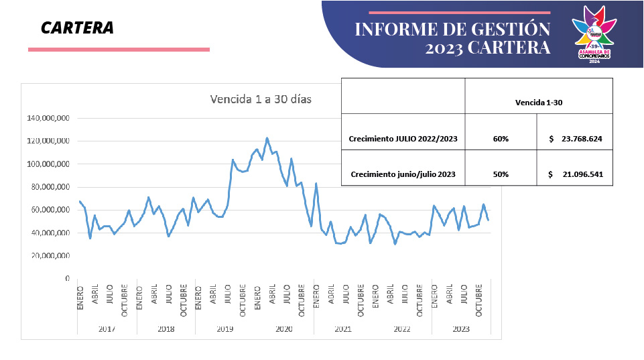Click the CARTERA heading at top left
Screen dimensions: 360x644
tap(77, 27)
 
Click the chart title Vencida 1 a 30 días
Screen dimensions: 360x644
tap(261, 99)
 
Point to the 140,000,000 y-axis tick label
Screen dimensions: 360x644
tap(48, 119)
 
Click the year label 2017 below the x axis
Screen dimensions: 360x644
tap(107, 328)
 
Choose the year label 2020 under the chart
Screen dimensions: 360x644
tap(284, 328)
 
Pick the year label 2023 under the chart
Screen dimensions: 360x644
tap(461, 328)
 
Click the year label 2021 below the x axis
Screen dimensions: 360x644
tap(343, 328)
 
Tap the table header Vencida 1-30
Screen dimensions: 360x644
tap(539, 103)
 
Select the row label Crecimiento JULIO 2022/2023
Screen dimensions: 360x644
tap(403, 139)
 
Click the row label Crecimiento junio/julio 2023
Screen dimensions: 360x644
tap(403, 174)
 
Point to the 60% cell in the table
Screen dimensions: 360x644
tap(500, 139)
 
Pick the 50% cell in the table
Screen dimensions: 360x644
tap(500, 174)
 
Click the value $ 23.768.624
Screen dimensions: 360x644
tap(575, 139)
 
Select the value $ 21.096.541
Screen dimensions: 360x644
tap(575, 174)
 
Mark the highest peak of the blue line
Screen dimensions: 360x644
tap(267, 138)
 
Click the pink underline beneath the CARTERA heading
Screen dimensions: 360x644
tap(119, 49)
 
